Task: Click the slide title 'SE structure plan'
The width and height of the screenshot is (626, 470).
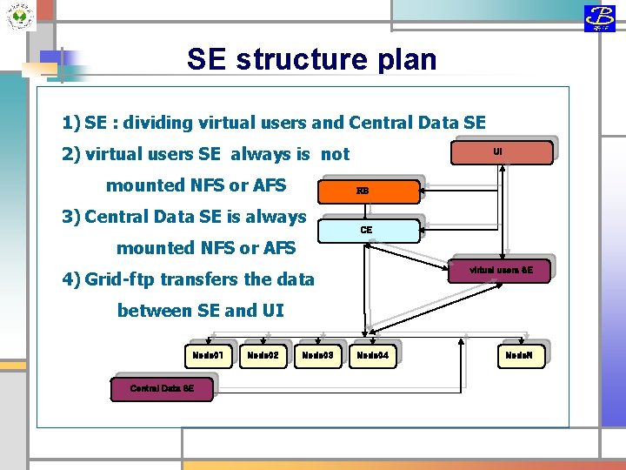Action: point(311,59)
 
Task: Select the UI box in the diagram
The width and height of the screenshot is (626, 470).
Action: point(497,152)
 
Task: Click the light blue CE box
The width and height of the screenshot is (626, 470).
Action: point(366,231)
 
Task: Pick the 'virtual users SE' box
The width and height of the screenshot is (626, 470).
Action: point(501,271)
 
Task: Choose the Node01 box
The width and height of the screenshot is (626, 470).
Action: point(208,355)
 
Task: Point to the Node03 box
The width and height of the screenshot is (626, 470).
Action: point(316,355)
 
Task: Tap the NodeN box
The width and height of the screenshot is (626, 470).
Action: point(524,355)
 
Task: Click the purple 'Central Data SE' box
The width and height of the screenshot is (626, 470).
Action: point(162,388)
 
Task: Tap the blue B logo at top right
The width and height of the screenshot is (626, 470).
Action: point(599,17)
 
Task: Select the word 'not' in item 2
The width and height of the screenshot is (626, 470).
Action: point(335,154)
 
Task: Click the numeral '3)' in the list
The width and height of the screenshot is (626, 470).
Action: point(71,217)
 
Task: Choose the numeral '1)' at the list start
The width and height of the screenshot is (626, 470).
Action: point(71,123)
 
